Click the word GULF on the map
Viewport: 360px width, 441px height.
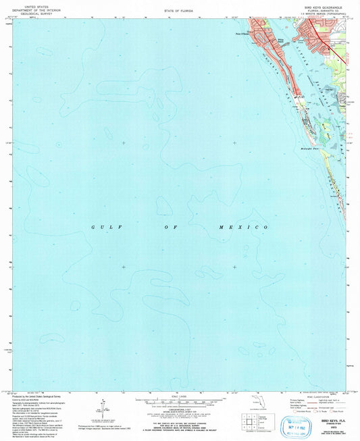pyautogui.click(x=102, y=228)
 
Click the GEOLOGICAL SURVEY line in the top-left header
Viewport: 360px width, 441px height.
pyautogui.click(x=32, y=14)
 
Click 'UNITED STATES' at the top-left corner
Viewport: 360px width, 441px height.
pyautogui.click(x=32, y=4)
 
